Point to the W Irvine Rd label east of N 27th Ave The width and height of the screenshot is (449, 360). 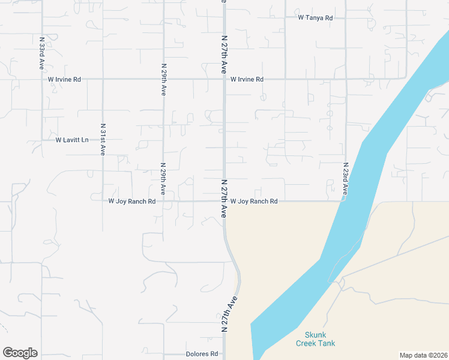(247, 79)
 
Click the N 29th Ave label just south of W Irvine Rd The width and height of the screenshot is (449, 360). (163, 80)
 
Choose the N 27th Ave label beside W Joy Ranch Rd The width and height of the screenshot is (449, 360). (224, 198)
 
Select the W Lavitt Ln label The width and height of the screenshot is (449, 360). (71, 140)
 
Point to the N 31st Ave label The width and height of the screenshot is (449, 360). (103, 140)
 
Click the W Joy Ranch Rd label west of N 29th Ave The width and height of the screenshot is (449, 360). (132, 202)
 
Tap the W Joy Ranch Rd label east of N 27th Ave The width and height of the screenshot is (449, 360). (254, 202)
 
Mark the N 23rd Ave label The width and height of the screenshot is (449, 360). (345, 178)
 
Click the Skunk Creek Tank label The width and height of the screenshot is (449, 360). (316, 339)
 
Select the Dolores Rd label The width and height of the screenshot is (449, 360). (201, 354)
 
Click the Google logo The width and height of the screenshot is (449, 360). (20, 353)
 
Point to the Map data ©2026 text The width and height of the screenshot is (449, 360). (423, 355)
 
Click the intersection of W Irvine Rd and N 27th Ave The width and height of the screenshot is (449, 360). (224, 79)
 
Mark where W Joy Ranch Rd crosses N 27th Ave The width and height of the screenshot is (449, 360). (224, 202)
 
